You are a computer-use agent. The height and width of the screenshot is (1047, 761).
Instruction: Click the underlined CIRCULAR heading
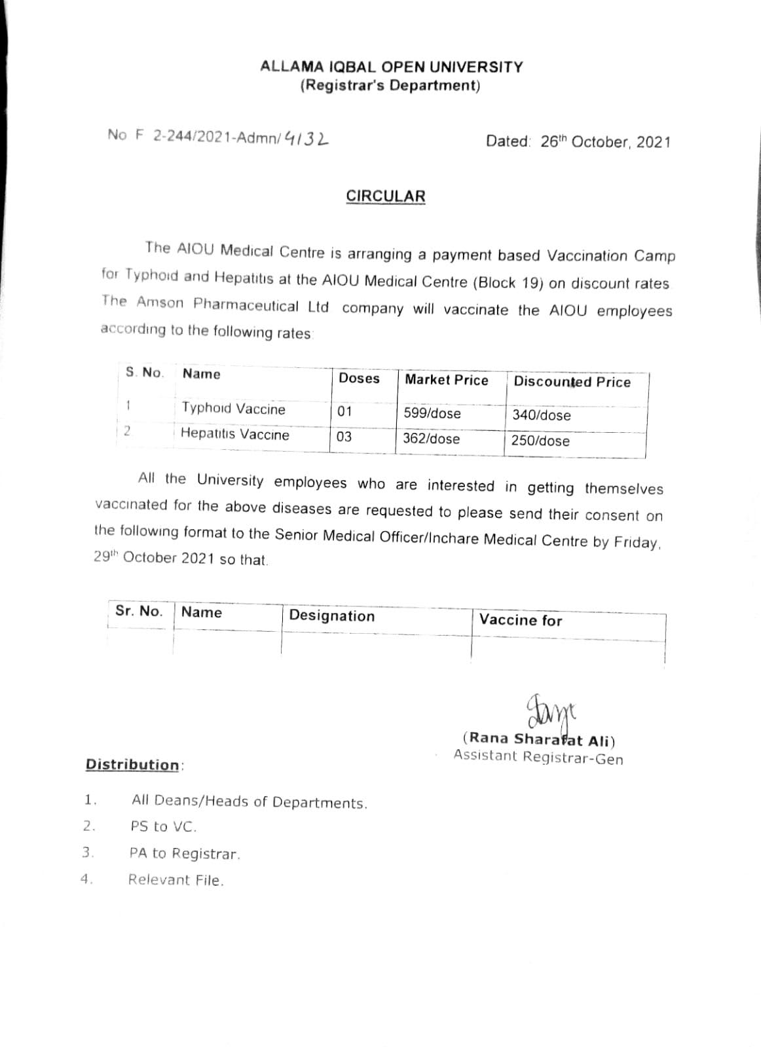(385, 196)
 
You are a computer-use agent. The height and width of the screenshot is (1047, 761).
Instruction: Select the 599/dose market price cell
(432, 414)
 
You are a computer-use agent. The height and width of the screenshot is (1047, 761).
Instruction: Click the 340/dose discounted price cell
(541, 415)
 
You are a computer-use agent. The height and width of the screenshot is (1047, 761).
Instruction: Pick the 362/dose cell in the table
(431, 439)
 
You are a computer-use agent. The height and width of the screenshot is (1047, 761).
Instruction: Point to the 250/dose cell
(540, 441)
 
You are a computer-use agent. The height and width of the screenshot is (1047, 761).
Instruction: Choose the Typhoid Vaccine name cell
(233, 409)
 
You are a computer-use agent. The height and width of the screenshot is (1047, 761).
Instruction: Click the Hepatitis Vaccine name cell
(234, 434)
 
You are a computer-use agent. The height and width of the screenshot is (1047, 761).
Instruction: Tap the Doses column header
(359, 378)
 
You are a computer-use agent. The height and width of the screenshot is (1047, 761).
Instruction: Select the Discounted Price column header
(572, 382)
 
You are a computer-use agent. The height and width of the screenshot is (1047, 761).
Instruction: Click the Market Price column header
(446, 380)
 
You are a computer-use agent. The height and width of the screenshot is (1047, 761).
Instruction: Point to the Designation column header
(331, 615)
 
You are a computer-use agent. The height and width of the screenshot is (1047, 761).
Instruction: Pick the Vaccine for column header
(521, 620)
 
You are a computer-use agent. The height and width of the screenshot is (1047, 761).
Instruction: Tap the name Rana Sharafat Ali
(538, 740)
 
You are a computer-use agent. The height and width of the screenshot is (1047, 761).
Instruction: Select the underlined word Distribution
(132, 765)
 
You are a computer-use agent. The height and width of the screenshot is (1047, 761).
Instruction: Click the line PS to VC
(163, 827)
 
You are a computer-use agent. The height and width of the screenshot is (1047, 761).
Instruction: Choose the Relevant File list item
(176, 880)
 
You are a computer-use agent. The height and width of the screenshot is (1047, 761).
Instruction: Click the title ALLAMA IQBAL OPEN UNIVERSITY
(391, 67)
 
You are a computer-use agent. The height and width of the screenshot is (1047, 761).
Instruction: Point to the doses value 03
(344, 436)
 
